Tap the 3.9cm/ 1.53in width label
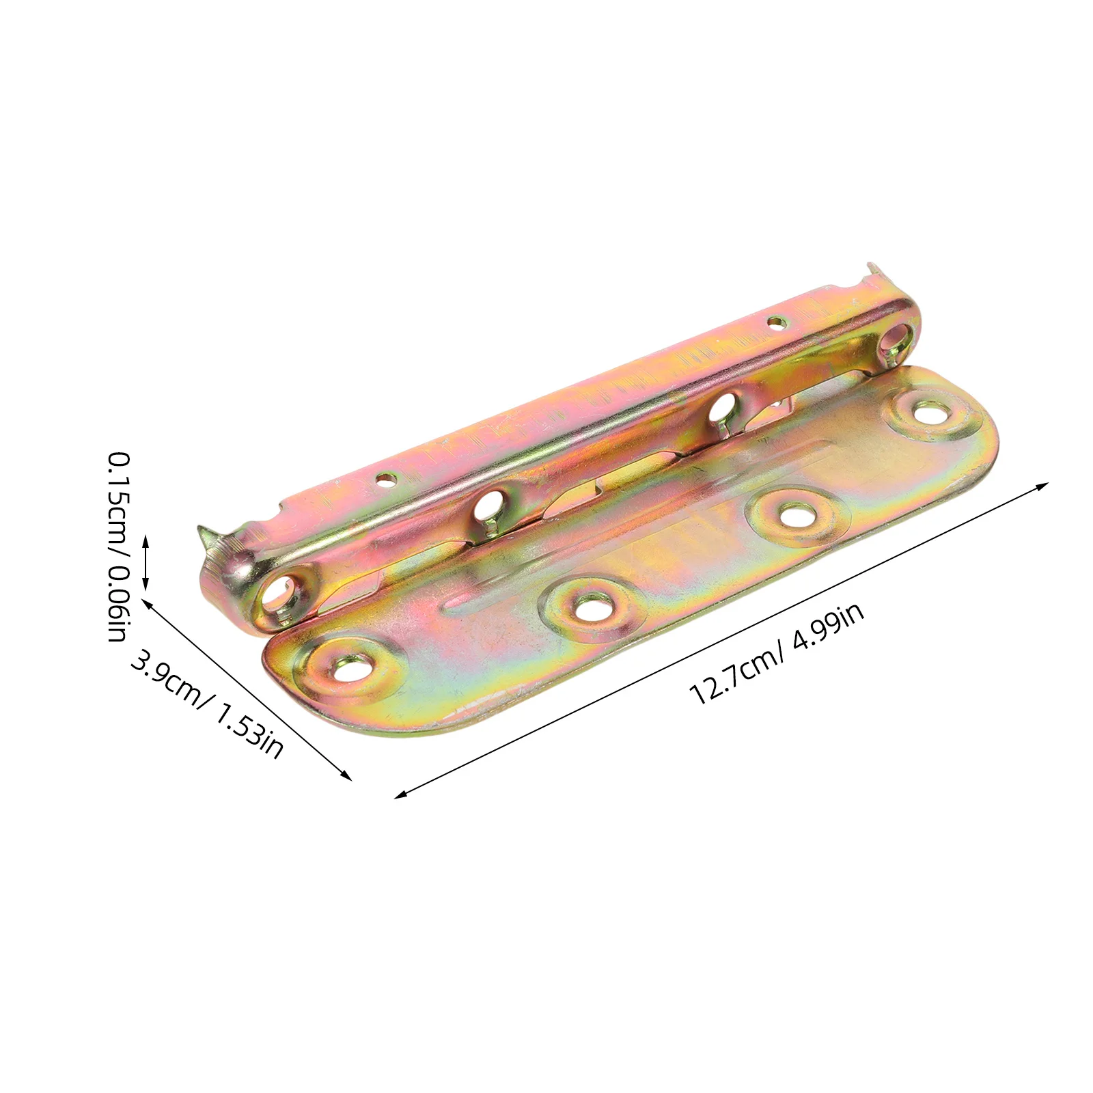click(x=206, y=704)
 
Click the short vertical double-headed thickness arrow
click(x=145, y=562)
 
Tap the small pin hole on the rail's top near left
click(x=387, y=478)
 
